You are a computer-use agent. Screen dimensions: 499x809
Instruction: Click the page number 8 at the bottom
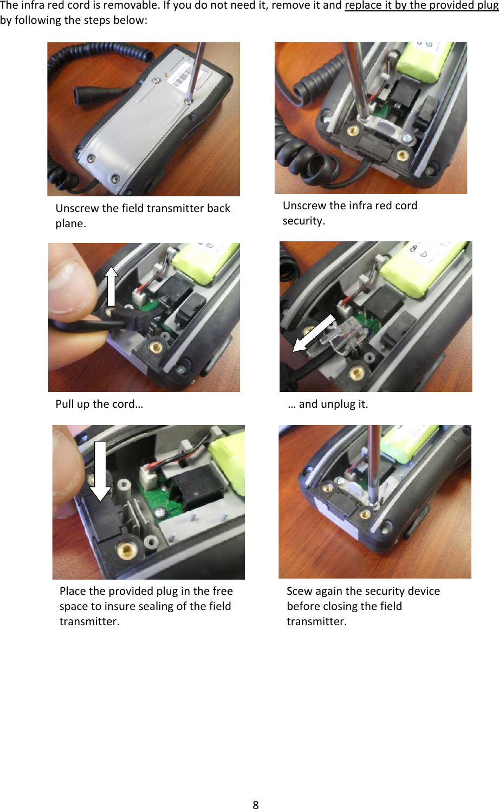255,804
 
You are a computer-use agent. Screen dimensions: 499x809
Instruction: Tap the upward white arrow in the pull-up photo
112,286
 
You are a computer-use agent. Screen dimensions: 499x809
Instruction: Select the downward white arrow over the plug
100,471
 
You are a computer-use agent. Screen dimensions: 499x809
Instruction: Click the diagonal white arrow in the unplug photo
314,333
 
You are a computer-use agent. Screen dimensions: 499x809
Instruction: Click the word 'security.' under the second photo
304,221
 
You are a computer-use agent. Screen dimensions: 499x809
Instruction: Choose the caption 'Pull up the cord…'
99,404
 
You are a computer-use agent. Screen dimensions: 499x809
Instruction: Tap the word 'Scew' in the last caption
299,591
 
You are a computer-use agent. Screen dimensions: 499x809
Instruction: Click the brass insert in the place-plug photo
126,550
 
